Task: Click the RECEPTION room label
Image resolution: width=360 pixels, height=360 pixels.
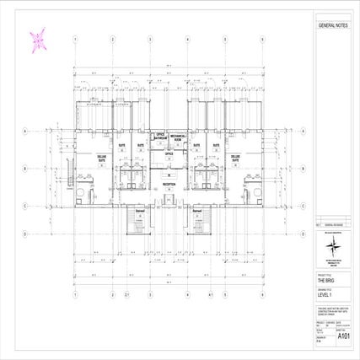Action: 169,183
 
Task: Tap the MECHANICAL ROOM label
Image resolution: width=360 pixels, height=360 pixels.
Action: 178,137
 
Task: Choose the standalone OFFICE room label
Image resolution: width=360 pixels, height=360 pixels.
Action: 169,154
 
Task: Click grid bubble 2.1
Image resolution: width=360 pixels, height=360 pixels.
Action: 126,295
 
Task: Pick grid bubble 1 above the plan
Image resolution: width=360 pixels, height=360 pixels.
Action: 75,39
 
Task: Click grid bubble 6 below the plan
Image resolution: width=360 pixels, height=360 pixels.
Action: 262,295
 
